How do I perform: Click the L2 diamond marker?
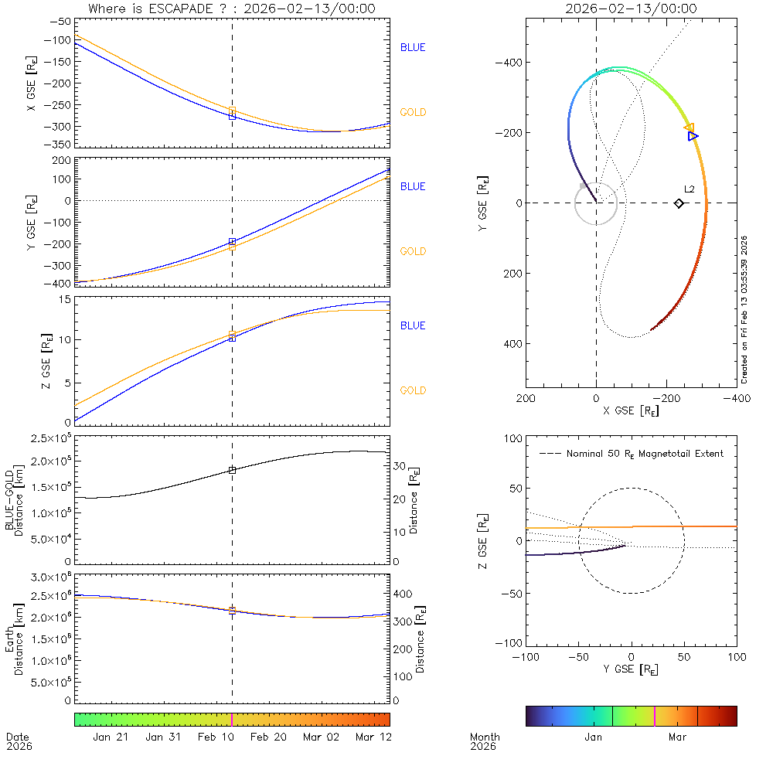click(679, 203)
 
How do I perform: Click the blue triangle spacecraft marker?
click(693, 136)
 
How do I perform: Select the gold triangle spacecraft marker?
click(689, 128)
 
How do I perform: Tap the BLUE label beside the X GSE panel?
click(413, 48)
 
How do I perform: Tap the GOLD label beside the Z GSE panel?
click(413, 391)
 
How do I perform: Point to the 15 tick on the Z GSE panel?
click(65, 299)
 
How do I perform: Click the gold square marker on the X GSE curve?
click(232, 111)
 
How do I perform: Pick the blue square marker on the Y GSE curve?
click(232, 242)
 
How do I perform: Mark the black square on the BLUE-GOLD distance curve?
click(232, 470)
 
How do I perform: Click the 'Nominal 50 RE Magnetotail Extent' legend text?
click(645, 454)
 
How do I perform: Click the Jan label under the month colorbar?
click(593, 737)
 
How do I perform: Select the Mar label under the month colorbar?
click(677, 737)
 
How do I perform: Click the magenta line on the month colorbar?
click(655, 716)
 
